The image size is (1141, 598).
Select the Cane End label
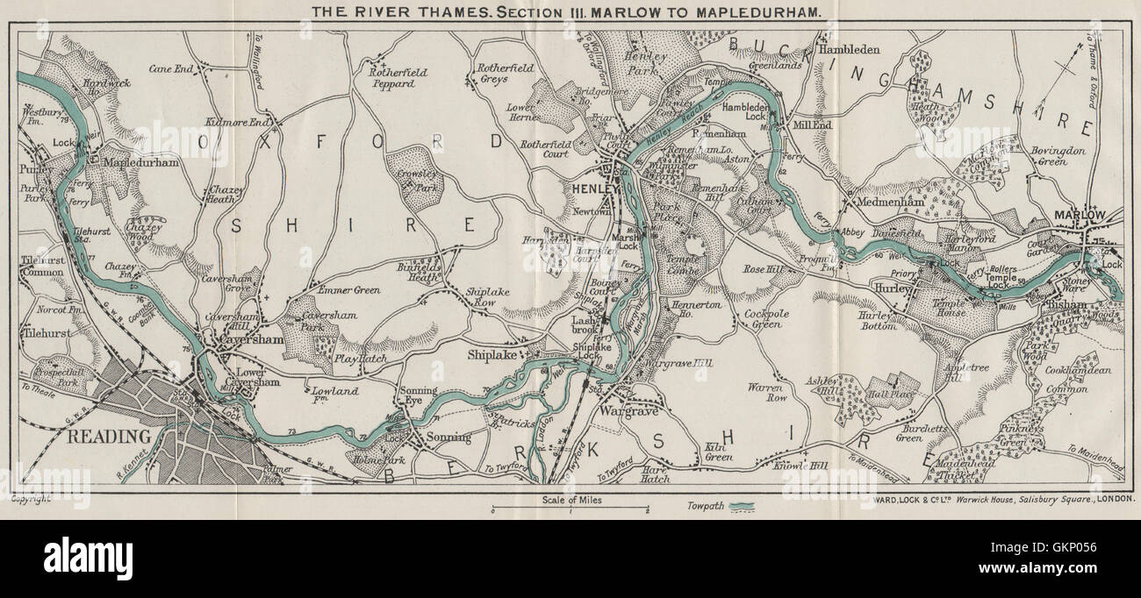[x=171, y=68]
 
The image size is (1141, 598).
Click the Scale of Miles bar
[x=570, y=509]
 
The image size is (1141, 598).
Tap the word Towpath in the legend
[x=704, y=506]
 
